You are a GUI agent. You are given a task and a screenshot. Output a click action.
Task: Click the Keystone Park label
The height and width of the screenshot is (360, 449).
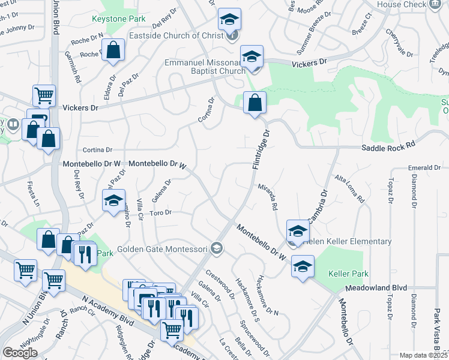[x=119, y=19]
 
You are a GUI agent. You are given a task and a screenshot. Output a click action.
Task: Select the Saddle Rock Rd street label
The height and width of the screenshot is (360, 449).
[x=388, y=146]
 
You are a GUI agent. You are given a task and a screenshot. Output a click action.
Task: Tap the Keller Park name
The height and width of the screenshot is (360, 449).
[x=348, y=274]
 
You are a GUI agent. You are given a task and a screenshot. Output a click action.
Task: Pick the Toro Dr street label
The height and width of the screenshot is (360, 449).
[x=160, y=212]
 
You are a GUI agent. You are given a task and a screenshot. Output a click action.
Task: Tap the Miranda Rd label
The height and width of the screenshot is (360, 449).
[x=268, y=196]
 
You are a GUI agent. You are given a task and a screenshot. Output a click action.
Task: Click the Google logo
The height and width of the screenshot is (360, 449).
[x=20, y=352]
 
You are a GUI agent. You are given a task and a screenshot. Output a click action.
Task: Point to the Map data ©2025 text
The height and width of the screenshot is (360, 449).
[x=423, y=355]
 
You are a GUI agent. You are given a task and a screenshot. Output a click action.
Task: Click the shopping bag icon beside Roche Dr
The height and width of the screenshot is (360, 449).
[x=113, y=52]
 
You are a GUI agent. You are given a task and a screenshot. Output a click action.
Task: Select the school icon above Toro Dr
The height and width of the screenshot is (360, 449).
[x=113, y=202]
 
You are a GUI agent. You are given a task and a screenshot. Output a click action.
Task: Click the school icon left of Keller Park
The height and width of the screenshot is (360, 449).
[x=303, y=266]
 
